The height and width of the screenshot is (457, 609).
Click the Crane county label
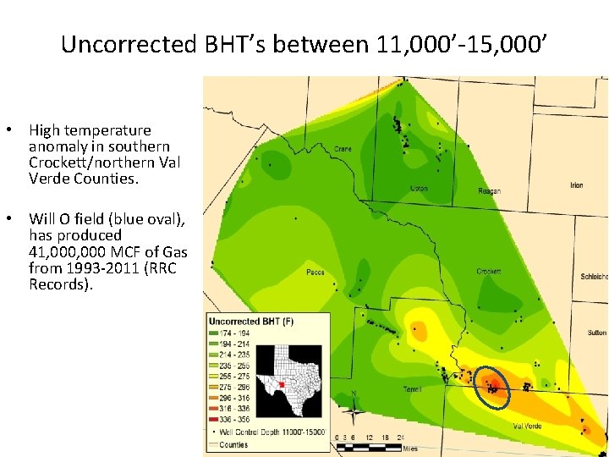343,148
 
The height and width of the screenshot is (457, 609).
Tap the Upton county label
418,188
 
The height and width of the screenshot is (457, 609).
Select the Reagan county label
489,191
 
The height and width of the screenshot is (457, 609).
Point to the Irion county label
576,185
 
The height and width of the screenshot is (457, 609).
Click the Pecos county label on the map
315,273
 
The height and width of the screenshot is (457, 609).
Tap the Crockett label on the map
489,272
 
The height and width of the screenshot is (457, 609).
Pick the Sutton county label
596,333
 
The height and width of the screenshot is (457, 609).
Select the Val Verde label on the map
527,426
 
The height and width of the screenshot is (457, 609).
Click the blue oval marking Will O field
492,387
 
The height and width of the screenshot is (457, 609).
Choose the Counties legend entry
233,444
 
